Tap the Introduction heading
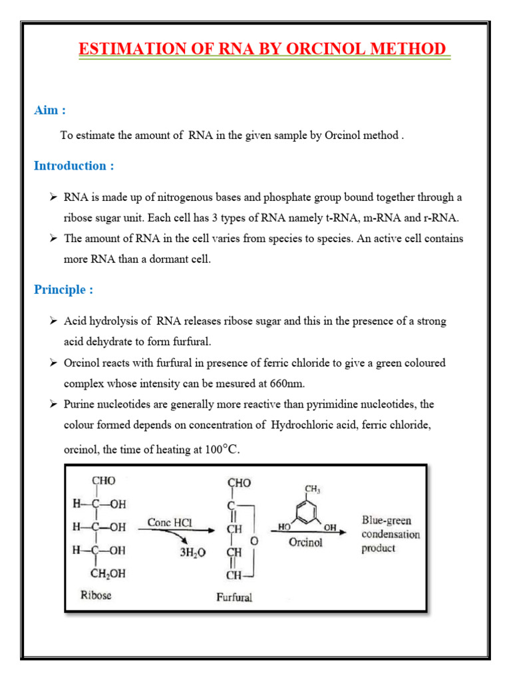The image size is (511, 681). (74, 166)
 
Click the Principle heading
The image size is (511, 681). (63, 289)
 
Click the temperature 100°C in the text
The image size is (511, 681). (221, 450)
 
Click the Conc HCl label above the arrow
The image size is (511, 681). (170, 523)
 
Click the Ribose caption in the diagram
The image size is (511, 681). (96, 595)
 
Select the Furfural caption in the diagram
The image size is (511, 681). (234, 597)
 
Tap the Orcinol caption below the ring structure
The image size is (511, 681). (305, 542)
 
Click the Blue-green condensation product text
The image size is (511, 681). (391, 533)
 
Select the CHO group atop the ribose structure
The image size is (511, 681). (104, 481)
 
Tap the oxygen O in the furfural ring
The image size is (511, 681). (254, 541)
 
